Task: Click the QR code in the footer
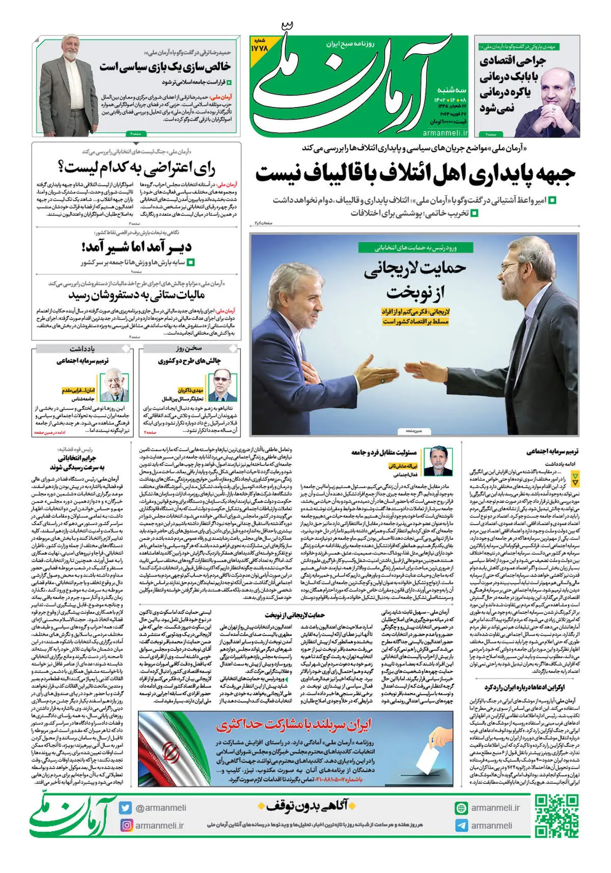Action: pyautogui.click(x=557, y=816)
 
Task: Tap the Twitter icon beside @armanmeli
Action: pyautogui.click(x=125, y=808)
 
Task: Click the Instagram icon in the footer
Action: pyautogui.click(x=125, y=825)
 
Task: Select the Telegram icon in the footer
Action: pyautogui.click(x=461, y=826)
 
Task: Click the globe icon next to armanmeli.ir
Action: pyautogui.click(x=461, y=808)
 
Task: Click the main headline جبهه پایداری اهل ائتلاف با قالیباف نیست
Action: pyautogui.click(x=415, y=174)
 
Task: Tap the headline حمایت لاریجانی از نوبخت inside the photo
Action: pyautogui.click(x=415, y=279)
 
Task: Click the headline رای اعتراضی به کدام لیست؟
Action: pyautogui.click(x=136, y=168)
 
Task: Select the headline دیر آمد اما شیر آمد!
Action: pyautogui.click(x=136, y=247)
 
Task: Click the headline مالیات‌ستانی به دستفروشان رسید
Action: pyautogui.click(x=136, y=295)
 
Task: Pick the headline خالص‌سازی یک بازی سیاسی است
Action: pyautogui.click(x=165, y=67)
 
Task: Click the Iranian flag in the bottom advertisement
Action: pyautogui.click(x=173, y=749)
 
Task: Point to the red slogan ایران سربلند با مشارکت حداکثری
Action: pyautogui.click(x=294, y=724)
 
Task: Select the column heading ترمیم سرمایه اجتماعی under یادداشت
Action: pyautogui.click(x=82, y=361)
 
